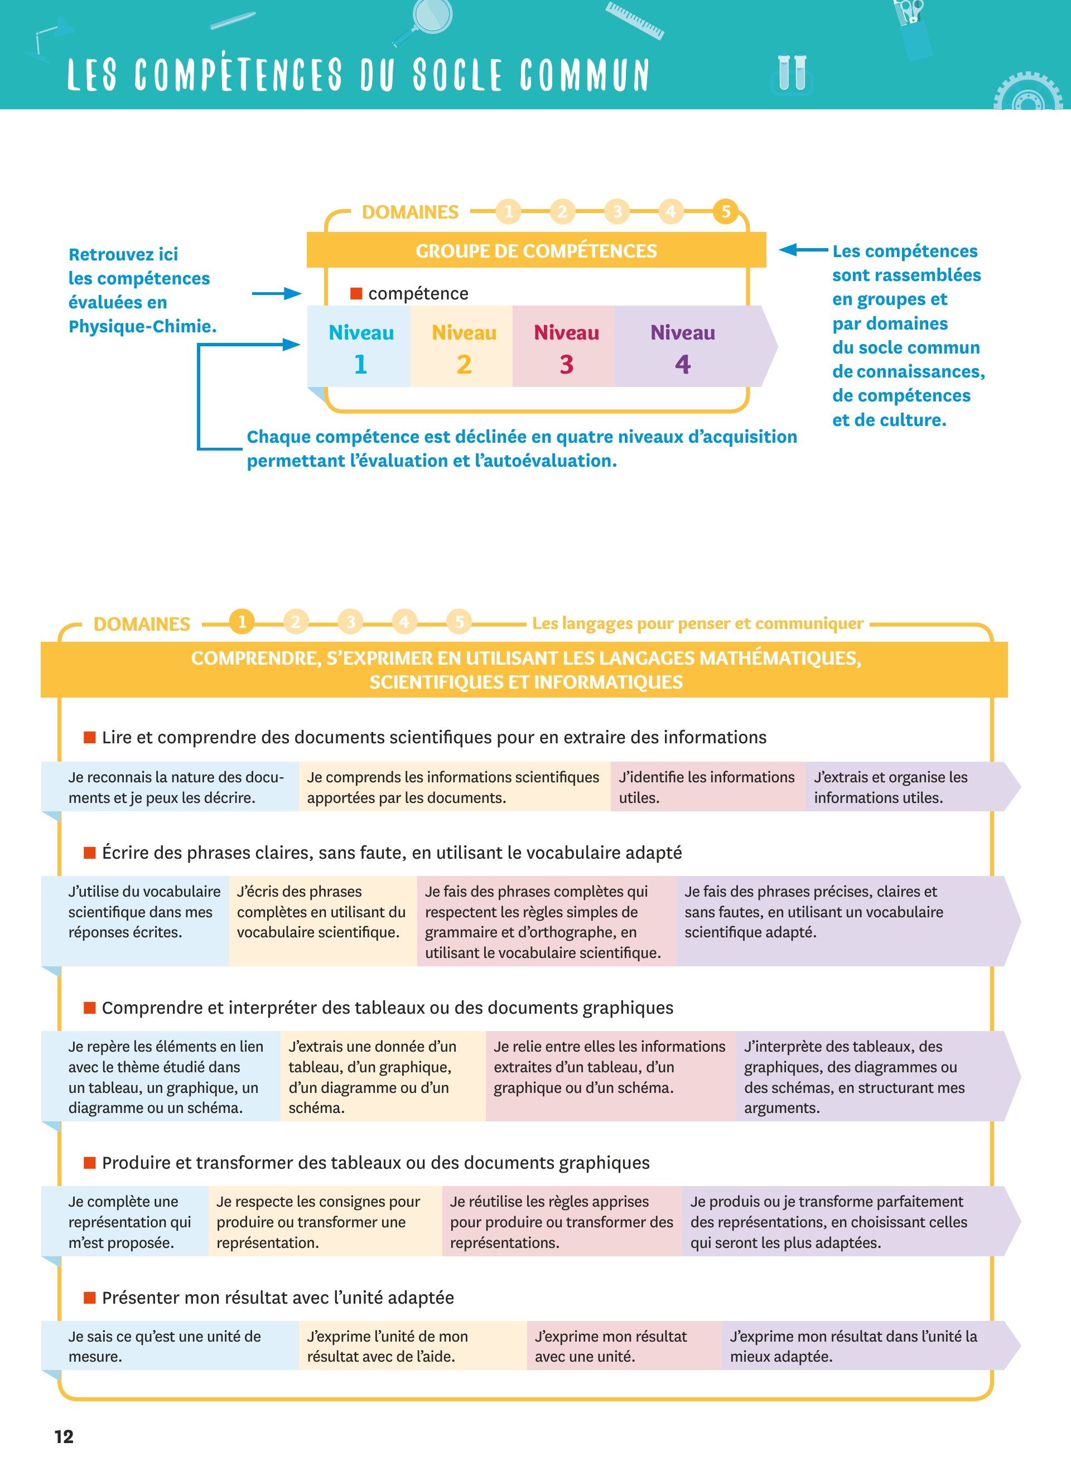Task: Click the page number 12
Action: tap(64, 1436)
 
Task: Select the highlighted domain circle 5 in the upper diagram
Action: tap(726, 211)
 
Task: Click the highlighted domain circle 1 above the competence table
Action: tap(242, 622)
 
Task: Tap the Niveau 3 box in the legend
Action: tap(566, 347)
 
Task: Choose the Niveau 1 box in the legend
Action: tap(360, 347)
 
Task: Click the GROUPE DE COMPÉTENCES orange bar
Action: tap(535, 251)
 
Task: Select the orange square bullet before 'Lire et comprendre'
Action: tap(89, 737)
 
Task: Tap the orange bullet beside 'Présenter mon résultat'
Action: tap(89, 1297)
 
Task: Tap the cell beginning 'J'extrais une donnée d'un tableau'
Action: tap(383, 1076)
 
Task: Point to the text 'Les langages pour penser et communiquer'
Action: tap(697, 623)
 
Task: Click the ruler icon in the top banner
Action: tap(634, 20)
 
